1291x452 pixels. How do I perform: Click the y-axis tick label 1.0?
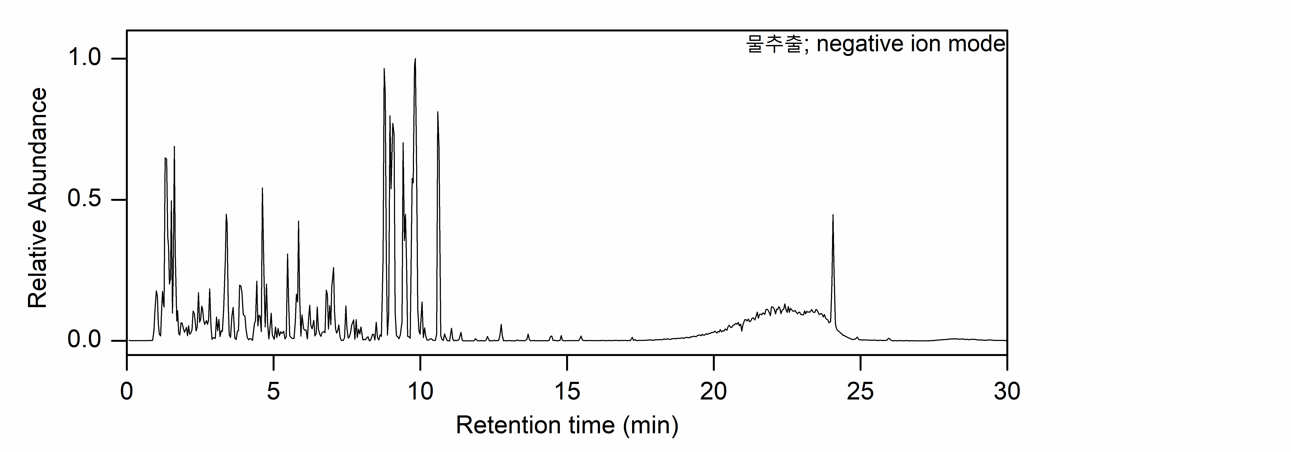(x=84, y=58)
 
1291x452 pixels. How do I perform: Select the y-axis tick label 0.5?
(x=84, y=200)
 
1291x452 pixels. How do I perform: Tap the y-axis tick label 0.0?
(x=84, y=340)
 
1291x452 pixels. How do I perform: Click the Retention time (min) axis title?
(x=567, y=426)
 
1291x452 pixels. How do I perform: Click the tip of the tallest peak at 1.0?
(x=415, y=59)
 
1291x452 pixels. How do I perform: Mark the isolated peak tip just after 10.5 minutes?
(x=437, y=112)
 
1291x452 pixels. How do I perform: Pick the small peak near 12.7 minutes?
(x=501, y=325)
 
